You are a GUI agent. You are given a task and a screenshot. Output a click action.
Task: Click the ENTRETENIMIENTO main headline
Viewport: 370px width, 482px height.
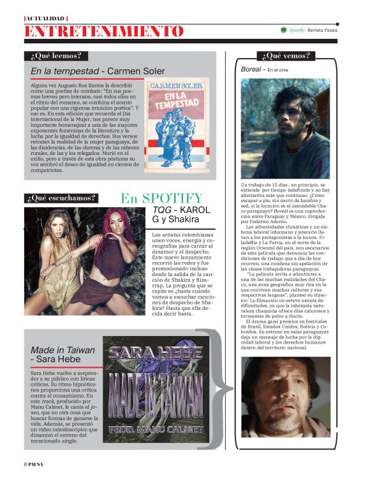tap(103, 31)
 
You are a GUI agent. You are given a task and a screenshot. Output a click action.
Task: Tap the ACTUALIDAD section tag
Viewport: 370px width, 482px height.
tap(45, 18)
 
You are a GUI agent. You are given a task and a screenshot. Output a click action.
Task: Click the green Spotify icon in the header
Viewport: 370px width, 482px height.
tap(283, 30)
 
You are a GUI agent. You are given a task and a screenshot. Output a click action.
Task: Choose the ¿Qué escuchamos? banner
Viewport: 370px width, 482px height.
tap(61, 198)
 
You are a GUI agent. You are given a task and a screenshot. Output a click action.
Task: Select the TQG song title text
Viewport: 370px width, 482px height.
tap(161, 210)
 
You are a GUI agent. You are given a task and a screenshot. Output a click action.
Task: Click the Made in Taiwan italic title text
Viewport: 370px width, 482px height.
tap(63, 350)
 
